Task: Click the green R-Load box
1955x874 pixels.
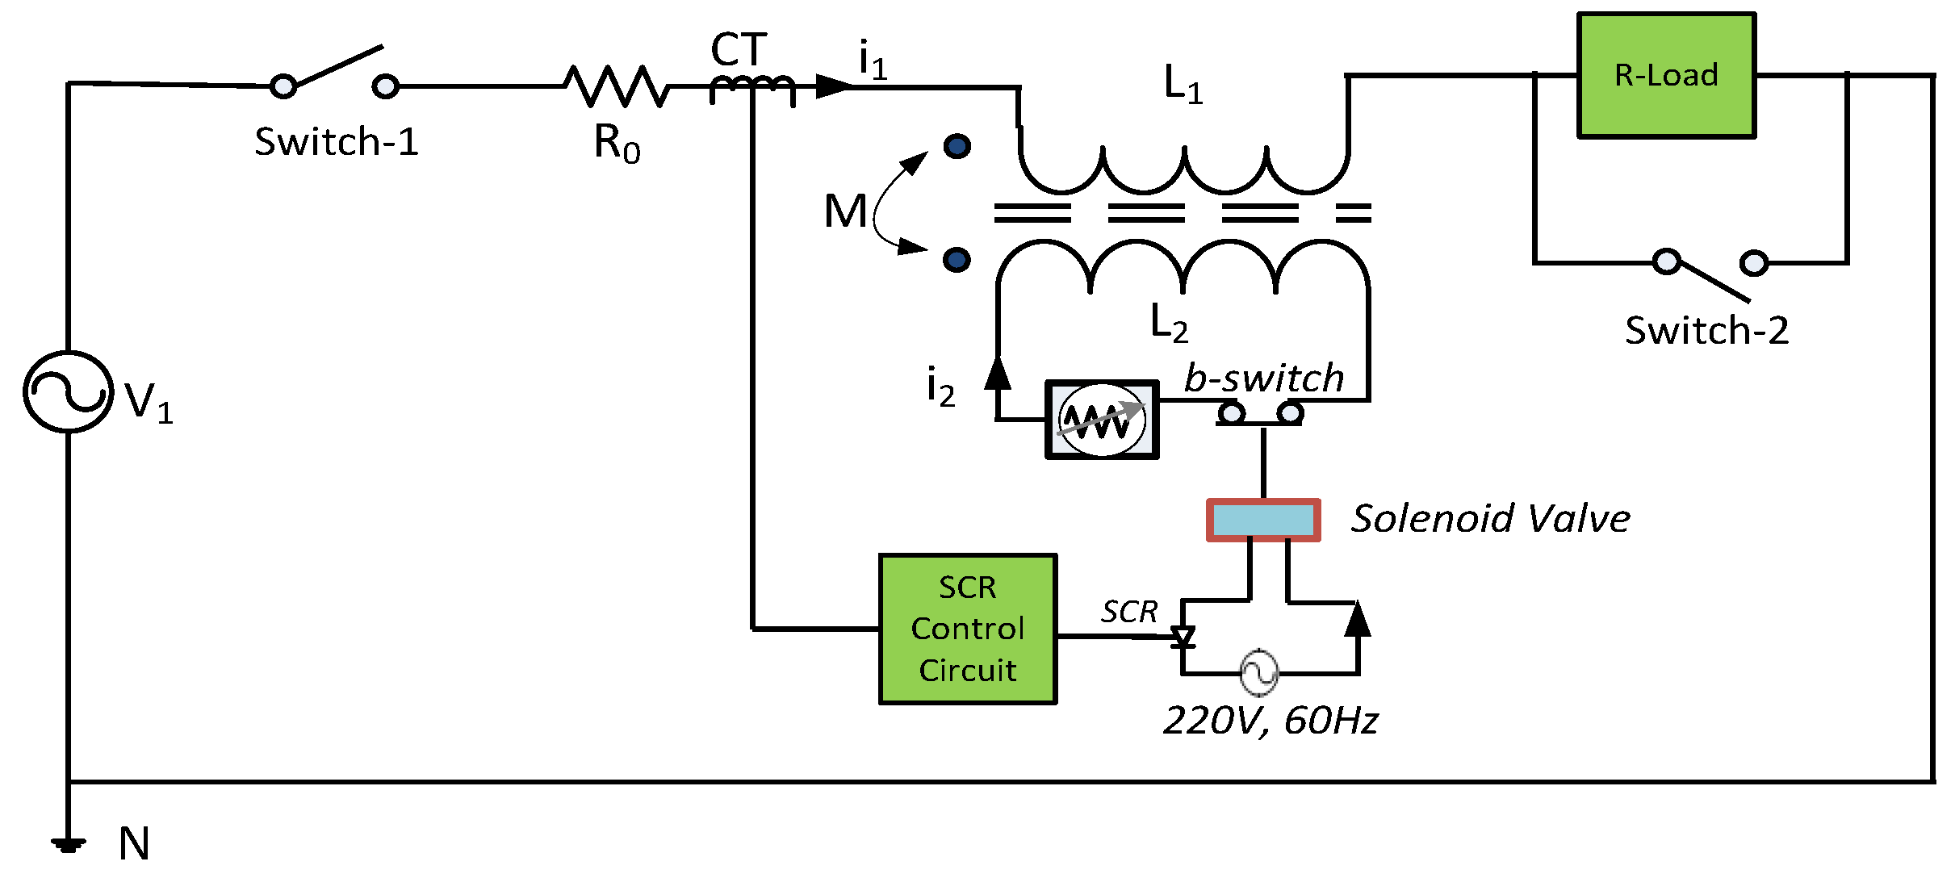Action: click(1666, 75)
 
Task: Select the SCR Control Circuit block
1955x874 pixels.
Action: click(967, 629)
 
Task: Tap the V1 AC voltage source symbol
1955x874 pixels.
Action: click(69, 392)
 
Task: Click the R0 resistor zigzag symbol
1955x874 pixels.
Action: click(616, 86)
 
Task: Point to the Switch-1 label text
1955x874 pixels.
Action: click(337, 142)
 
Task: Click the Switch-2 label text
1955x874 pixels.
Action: click(1706, 331)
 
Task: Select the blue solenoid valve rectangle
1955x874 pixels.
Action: click(1263, 520)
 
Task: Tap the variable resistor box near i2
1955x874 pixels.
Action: click(1102, 420)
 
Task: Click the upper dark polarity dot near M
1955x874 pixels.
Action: click(957, 146)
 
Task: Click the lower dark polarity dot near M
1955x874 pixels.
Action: click(957, 260)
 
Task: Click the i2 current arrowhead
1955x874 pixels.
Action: click(998, 373)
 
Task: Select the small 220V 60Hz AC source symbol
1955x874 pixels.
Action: click(1258, 672)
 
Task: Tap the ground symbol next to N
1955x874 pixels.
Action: click(69, 845)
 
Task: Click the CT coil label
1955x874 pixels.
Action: click(739, 50)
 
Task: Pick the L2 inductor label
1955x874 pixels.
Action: click(1169, 323)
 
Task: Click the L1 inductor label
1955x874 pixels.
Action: click(1183, 84)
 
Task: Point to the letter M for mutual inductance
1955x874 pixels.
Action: click(845, 211)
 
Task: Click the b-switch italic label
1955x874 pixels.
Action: click(1263, 378)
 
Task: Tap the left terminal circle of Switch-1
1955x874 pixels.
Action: click(283, 86)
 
